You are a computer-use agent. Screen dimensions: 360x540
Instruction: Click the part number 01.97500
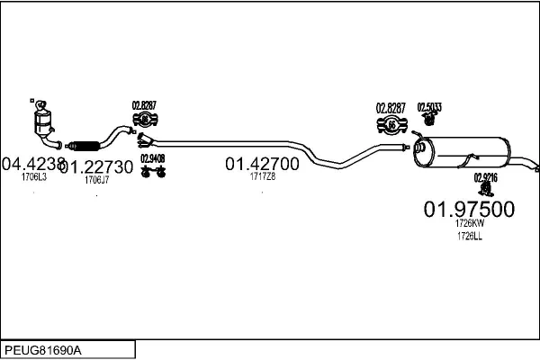coord(469,209)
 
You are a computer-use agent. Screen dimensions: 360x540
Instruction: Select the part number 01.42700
coord(262,164)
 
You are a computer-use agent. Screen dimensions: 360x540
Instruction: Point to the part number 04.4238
coord(32,165)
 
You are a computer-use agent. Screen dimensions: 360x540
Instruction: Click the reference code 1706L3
coord(33,177)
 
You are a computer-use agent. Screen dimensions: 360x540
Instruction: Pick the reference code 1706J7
coord(96,180)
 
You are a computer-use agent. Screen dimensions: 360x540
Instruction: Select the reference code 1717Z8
coord(263,176)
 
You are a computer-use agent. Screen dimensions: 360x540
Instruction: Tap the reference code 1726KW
coord(470,223)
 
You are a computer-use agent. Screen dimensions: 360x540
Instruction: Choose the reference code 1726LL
coord(470,236)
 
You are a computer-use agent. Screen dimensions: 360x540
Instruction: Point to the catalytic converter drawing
coord(40,123)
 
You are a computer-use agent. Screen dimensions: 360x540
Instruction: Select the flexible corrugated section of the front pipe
coord(85,143)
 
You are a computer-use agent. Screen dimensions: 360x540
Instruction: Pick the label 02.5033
coord(428,106)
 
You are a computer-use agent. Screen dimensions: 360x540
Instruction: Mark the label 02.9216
coord(485,177)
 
